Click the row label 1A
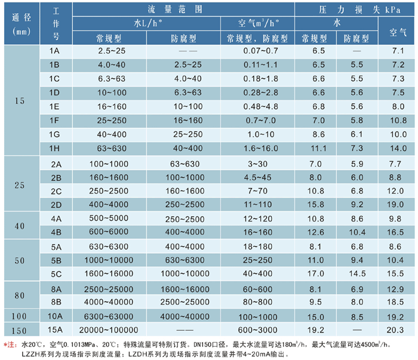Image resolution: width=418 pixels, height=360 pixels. pyautogui.click(x=54, y=51)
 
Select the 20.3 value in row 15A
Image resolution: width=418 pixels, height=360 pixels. pyautogui.click(x=397, y=329)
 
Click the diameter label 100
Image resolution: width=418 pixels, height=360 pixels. pyautogui.click(x=20, y=315)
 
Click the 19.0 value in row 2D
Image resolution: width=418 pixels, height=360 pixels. pyautogui.click(x=397, y=205)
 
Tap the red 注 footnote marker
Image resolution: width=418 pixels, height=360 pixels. pyautogui.click(x=11, y=344)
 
